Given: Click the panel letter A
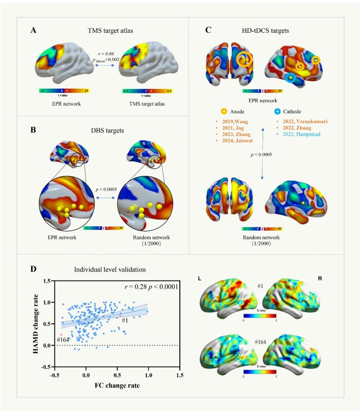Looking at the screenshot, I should pos(33,30).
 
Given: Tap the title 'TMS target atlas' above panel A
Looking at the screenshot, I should pos(110,31).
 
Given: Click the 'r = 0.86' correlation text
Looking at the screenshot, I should pos(106,54).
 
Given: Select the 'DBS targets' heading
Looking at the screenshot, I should pos(107,130).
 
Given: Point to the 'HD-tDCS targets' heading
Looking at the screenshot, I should pos(265,31).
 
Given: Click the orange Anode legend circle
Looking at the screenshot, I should pos(224,112).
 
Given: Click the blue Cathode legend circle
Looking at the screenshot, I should pos(277,112).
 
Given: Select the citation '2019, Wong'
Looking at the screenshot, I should pos(235,122).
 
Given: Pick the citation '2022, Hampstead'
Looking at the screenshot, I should pos(301,134).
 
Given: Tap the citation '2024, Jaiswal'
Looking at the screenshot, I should pos(237,140).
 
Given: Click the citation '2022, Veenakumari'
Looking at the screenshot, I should pos(305,121).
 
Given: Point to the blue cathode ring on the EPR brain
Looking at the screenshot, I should pos(290,78).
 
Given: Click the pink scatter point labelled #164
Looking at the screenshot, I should pos(61,335).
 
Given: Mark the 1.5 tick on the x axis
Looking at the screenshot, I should pos(180,375).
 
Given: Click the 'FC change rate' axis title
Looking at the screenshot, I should pos(117,386).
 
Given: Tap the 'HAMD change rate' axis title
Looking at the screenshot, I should pos(36,324).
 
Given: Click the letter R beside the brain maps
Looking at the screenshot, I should pos(320,278).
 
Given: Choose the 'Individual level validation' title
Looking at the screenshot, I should pos(110,270).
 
